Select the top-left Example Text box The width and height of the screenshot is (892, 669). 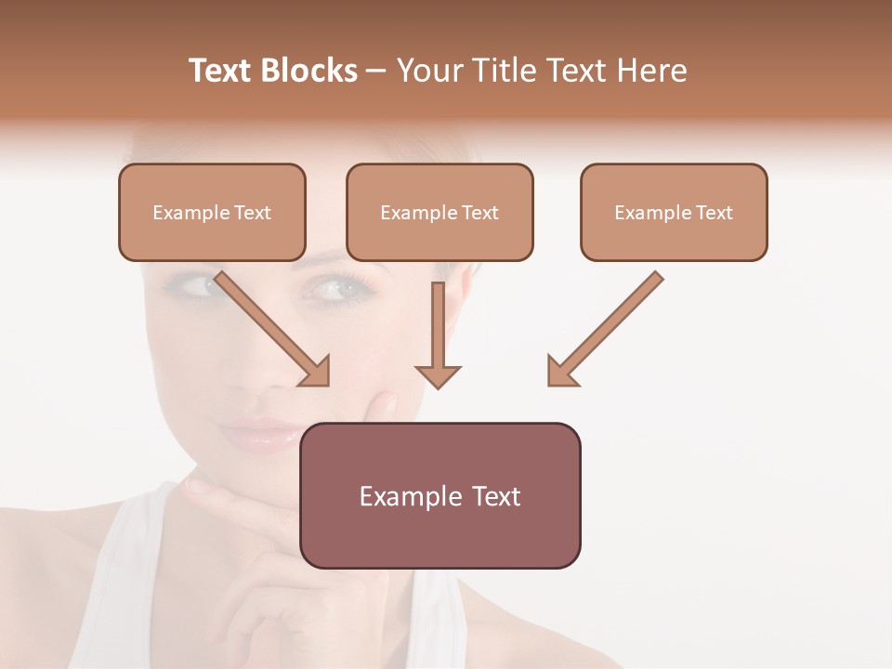212,212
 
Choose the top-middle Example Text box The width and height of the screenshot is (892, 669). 439,212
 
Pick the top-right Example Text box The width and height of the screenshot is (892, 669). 674,212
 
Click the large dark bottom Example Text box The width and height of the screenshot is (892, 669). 439,495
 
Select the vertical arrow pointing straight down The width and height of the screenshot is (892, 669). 438,334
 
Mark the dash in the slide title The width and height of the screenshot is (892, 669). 376,71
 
